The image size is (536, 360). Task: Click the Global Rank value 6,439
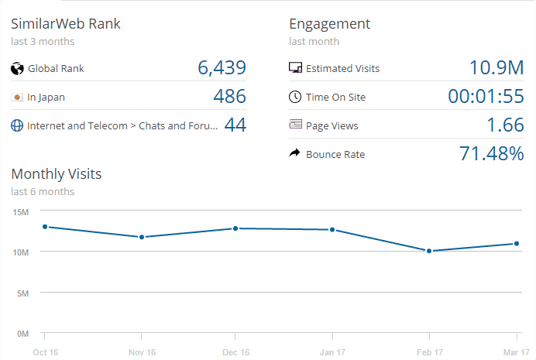pos(222,68)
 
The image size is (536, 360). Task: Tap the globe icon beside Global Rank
pos(17,68)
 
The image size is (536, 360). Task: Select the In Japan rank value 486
pos(229,97)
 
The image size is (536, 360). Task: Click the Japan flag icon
pos(17,97)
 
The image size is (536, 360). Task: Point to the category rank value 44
pos(235,125)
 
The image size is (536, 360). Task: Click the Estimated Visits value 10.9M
pos(496,68)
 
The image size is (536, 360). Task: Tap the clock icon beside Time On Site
pos(294,97)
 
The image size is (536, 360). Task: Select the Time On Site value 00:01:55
pos(486,97)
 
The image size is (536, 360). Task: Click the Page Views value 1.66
pos(505,125)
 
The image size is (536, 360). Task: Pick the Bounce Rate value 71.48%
pos(492,154)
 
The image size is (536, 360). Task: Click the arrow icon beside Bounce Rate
pos(294,154)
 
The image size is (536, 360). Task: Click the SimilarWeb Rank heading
pos(66,24)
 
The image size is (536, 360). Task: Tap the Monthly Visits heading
pos(57,174)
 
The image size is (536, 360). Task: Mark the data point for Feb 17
pos(428,251)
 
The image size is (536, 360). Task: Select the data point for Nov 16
pos(142,237)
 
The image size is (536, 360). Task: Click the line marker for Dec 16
pos(235,228)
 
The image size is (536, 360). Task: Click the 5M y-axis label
pos(22,293)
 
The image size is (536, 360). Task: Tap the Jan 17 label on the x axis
pos(332,352)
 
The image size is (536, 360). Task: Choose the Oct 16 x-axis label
pos(45,352)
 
